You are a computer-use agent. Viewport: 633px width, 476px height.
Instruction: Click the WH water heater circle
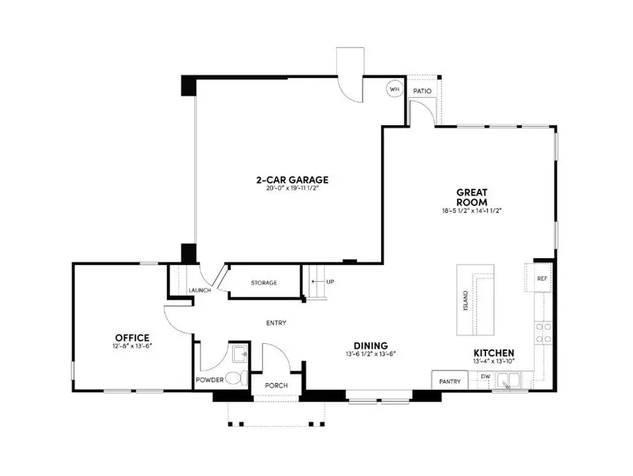click(x=395, y=89)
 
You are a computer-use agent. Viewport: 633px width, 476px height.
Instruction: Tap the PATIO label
click(x=422, y=91)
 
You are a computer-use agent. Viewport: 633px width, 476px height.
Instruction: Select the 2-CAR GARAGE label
click(x=292, y=180)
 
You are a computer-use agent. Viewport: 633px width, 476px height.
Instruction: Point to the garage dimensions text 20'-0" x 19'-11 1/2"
click(x=292, y=189)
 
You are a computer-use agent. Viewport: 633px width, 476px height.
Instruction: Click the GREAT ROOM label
click(x=472, y=196)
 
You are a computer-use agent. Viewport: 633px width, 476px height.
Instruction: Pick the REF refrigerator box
click(x=541, y=278)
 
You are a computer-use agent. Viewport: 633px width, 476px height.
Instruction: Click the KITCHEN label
click(x=494, y=353)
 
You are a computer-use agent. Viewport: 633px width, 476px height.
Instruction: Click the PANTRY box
click(x=450, y=382)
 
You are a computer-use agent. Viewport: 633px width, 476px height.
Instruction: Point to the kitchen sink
click(x=507, y=380)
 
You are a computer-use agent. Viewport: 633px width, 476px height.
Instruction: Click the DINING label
click(x=371, y=345)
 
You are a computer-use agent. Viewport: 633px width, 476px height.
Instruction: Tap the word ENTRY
click(x=276, y=323)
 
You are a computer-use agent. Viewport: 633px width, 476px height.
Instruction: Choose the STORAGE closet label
click(x=264, y=283)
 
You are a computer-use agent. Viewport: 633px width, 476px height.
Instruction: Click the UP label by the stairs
click(x=330, y=282)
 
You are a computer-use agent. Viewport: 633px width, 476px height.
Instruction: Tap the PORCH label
click(x=276, y=386)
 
